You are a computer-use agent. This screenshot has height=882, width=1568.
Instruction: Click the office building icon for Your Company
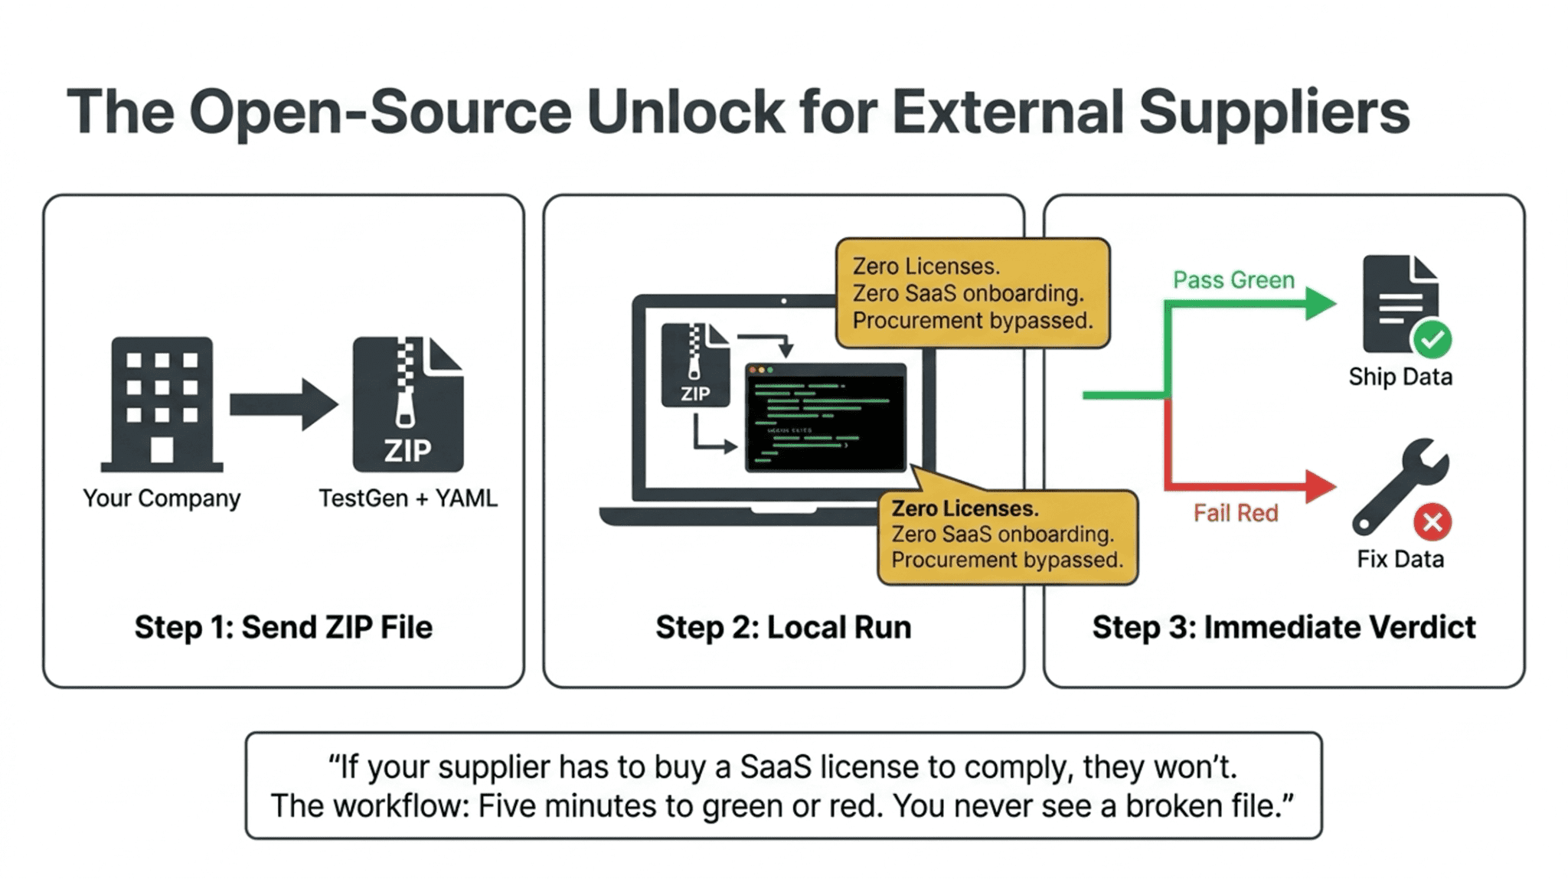pos(162,403)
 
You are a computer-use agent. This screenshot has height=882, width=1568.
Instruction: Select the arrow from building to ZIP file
pos(283,403)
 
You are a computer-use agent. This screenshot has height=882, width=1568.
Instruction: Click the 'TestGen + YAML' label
pos(407,498)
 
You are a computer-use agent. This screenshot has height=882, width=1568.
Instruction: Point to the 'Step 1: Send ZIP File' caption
pos(283,627)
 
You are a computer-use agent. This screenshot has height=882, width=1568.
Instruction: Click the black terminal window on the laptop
pos(825,417)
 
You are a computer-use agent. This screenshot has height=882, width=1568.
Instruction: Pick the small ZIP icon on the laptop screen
pos(695,364)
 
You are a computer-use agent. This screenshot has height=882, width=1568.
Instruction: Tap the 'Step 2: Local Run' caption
pos(783,627)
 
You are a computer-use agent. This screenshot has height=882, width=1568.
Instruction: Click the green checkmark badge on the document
pos(1432,339)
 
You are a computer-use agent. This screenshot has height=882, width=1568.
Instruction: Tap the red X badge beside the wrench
pos(1432,522)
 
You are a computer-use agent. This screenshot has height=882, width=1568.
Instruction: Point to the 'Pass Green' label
pos(1233,280)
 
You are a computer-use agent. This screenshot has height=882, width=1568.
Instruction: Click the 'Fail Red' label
pos(1236,513)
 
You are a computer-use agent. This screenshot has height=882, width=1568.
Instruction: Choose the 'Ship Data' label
pos(1400,377)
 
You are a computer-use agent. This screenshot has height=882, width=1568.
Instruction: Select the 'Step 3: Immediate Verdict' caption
pos(1283,627)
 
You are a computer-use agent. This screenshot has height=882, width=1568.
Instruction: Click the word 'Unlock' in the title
pos(686,112)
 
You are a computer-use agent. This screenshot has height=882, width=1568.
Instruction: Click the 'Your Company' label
pos(162,498)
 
